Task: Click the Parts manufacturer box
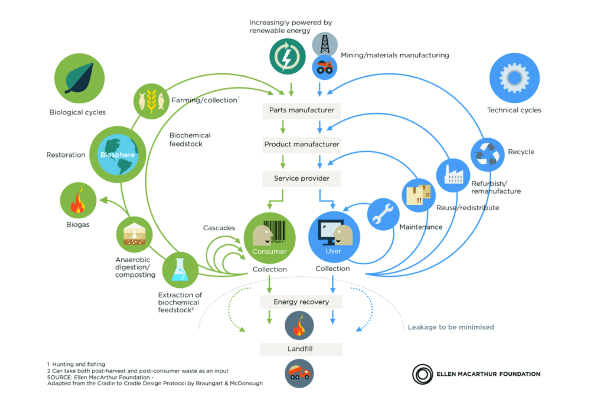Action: pos(301,110)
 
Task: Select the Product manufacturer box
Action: pos(301,144)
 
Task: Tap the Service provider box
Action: pos(301,178)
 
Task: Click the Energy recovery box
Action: pos(301,302)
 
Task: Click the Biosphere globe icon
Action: pos(118,155)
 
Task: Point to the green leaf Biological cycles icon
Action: pos(79,79)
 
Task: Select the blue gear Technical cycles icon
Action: pos(514,78)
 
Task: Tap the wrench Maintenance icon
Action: pos(383,214)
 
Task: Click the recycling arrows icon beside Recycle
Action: pos(487,155)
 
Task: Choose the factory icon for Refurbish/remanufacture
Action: pos(453,175)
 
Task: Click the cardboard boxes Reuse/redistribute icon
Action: pos(418,195)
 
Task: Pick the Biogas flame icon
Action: pos(78,201)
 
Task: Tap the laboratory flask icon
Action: pos(180,270)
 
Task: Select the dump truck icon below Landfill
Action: pos(299,374)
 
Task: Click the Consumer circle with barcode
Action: pos(270,238)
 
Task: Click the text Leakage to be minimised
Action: pos(451,327)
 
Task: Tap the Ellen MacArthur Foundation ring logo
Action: pos(422,374)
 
